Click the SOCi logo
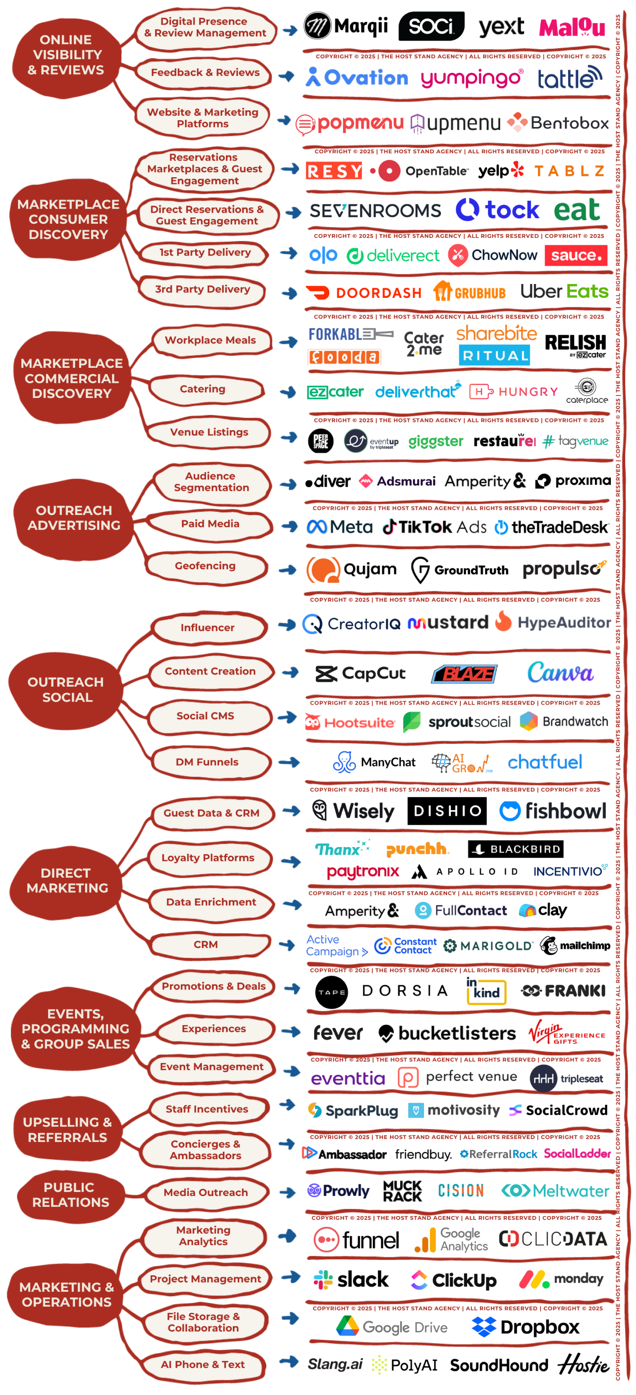click(x=431, y=26)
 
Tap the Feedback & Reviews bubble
click(x=205, y=72)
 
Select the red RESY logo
click(x=334, y=171)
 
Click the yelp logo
click(x=500, y=171)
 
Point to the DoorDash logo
click(x=364, y=293)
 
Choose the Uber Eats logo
click(x=564, y=292)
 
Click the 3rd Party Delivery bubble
click(x=203, y=289)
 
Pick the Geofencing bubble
click(x=205, y=566)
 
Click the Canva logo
click(x=560, y=673)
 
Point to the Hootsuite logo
click(x=351, y=722)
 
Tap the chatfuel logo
click(x=544, y=762)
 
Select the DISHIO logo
click(x=447, y=811)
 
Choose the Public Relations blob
click(x=70, y=1195)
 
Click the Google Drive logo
click(x=392, y=1327)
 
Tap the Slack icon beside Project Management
click(x=323, y=1280)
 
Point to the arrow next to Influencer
click(x=287, y=625)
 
